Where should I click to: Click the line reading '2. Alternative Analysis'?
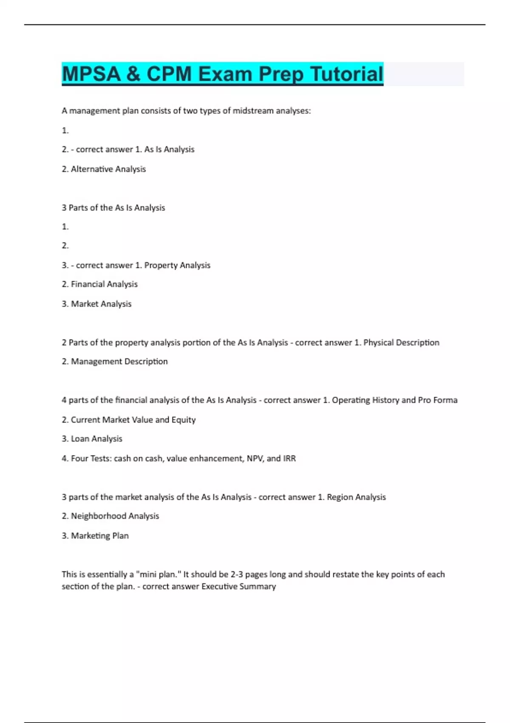tap(104, 169)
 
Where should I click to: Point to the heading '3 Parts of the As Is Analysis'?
tap(113, 208)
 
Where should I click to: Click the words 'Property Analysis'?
tap(177, 265)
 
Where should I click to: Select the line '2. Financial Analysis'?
tap(100, 284)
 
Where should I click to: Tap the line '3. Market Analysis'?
tap(96, 304)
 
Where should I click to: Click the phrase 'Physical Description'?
tap(401, 342)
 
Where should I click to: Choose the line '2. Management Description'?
tap(115, 361)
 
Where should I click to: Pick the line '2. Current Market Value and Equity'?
tap(128, 420)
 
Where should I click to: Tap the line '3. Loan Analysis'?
tap(92, 438)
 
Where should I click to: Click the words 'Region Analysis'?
tap(356, 497)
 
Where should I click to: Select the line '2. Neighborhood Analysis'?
tap(110, 516)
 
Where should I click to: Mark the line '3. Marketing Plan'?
tap(95, 535)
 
